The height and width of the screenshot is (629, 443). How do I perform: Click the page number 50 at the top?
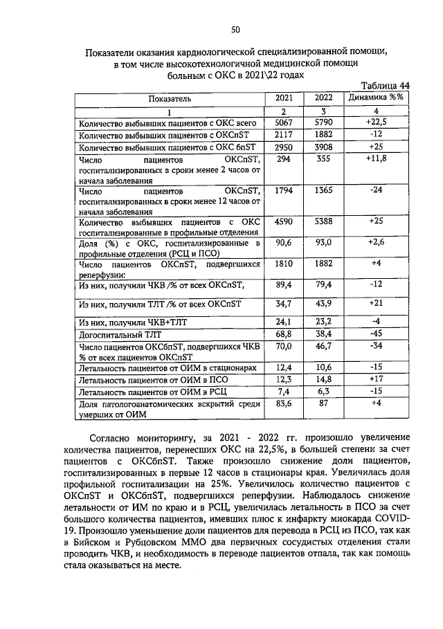click(235, 30)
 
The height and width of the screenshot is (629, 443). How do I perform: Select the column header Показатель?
click(168, 98)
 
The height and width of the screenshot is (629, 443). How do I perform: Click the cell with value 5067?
click(284, 123)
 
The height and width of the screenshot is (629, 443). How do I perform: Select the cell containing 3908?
click(323, 148)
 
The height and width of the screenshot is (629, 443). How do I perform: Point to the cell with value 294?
click(284, 160)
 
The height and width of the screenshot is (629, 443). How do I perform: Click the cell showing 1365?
click(323, 190)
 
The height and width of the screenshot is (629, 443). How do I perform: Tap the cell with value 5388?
click(323, 222)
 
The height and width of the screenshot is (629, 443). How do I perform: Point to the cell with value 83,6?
click(284, 404)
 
